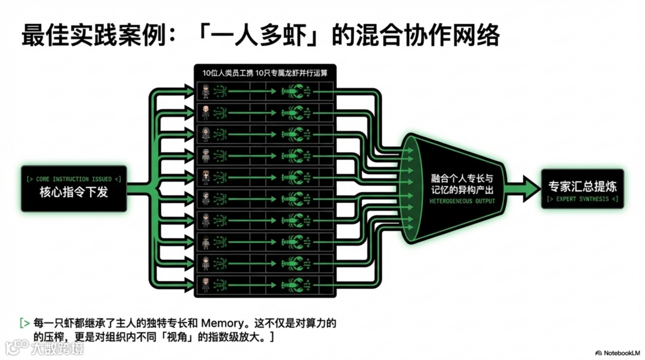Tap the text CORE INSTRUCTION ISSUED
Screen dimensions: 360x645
tap(73, 179)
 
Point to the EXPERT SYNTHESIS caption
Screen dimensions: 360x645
tap(582, 198)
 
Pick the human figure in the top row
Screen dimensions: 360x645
tap(205, 91)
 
